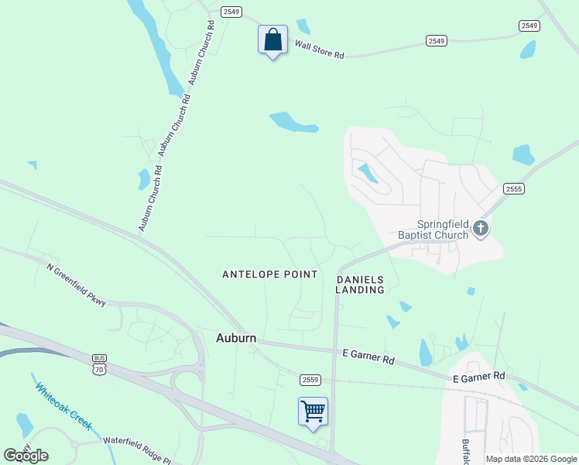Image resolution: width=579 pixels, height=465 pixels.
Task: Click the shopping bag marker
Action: (x=272, y=40)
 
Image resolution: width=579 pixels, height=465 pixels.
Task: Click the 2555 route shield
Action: (x=513, y=188)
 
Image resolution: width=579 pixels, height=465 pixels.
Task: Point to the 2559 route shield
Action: (x=310, y=379)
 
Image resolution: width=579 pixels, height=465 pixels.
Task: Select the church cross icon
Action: (x=481, y=228)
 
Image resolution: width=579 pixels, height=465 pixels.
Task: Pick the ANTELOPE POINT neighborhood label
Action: (x=270, y=274)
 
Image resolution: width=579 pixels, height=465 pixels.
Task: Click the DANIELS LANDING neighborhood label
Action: (x=360, y=284)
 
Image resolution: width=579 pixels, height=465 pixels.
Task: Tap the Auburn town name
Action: (x=236, y=338)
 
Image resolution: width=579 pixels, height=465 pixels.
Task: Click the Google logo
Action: (x=26, y=455)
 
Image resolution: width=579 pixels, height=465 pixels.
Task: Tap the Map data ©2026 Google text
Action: (x=531, y=459)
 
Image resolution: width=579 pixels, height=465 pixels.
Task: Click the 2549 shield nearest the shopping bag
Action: (x=231, y=12)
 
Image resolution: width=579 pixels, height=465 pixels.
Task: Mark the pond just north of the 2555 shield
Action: (x=523, y=154)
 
